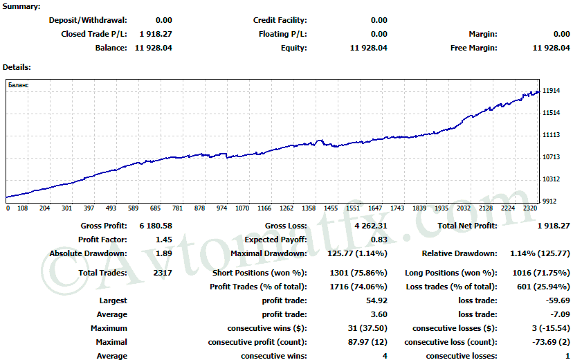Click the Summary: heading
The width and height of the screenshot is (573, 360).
pyautogui.click(x=21, y=6)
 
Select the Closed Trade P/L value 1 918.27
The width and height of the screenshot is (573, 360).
pyautogui.click(x=156, y=34)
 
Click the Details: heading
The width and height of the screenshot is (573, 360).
pyautogui.click(x=17, y=67)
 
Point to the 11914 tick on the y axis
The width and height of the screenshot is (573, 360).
pyautogui.click(x=552, y=91)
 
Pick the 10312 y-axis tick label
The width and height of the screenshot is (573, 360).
pyautogui.click(x=552, y=179)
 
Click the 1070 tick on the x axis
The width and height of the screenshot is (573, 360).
pyautogui.click(x=242, y=208)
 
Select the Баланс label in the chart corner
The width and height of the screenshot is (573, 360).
pyautogui.click(x=19, y=84)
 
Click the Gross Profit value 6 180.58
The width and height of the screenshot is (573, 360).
pyautogui.click(x=156, y=226)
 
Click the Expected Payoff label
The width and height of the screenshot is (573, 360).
pyautogui.click(x=276, y=240)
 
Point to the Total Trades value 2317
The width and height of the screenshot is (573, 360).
pyautogui.click(x=159, y=273)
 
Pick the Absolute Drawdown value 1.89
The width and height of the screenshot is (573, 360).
pyautogui.click(x=164, y=253)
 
